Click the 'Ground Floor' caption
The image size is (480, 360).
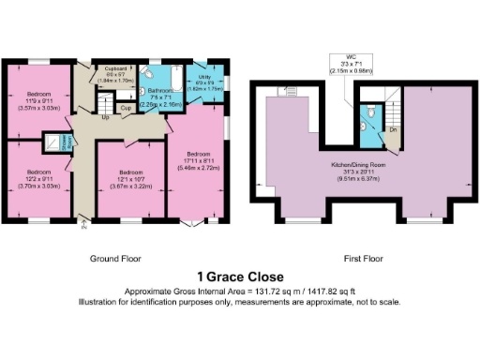coord(114,258)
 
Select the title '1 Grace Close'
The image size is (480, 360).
coord(239,277)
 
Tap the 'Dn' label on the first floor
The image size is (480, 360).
coord(393,128)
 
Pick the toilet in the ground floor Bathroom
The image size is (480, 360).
coord(154,71)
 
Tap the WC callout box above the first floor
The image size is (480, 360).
coord(350,64)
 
